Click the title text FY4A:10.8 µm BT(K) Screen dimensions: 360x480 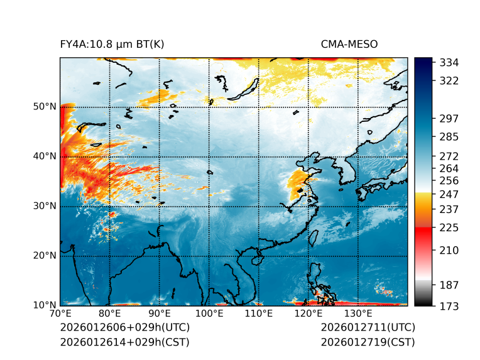point(112,44)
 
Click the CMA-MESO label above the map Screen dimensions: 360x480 point(349,44)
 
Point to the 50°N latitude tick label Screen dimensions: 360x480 point(44,107)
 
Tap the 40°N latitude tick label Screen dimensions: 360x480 point(44,156)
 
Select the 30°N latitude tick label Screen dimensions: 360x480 point(44,206)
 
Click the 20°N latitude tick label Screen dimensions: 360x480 point(44,256)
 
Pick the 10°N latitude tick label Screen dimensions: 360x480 point(44,305)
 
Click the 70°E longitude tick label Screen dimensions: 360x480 point(60,314)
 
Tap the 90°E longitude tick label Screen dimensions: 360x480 point(160,314)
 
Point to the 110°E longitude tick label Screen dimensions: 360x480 point(259,314)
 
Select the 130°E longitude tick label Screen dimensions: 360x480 point(358,314)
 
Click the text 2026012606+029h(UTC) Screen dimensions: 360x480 point(125,328)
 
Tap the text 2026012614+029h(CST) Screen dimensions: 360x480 point(124,342)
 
